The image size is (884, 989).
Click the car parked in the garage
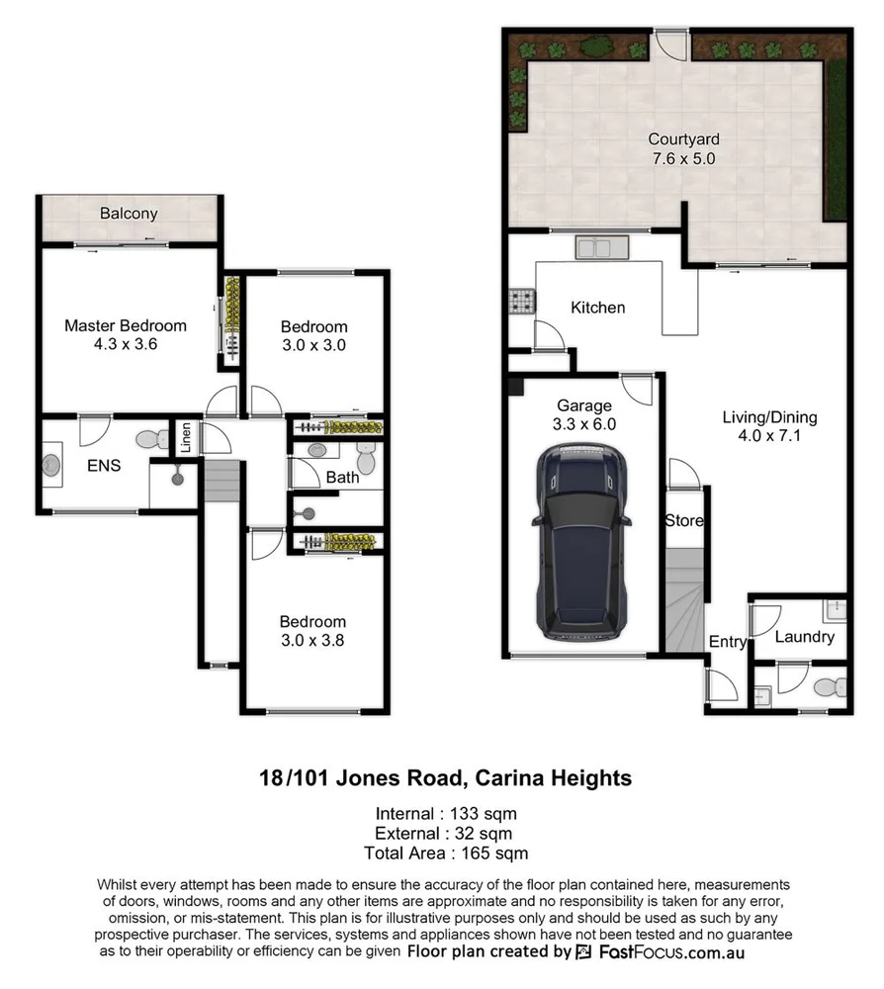pyautogui.click(x=580, y=542)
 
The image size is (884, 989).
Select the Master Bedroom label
pyautogui.click(x=126, y=325)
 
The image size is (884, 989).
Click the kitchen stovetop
pyautogui.click(x=521, y=301)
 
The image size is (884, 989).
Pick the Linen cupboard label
pyautogui.click(x=185, y=437)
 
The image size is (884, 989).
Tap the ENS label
pyautogui.click(x=104, y=464)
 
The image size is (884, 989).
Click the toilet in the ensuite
pyautogui.click(x=151, y=438)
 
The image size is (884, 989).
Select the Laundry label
pyautogui.click(x=804, y=637)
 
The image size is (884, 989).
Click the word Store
pyautogui.click(x=683, y=520)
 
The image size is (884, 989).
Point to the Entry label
pyautogui.click(x=728, y=642)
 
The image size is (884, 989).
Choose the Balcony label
pyautogui.click(x=129, y=214)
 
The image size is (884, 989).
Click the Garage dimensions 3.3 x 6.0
pyautogui.click(x=584, y=423)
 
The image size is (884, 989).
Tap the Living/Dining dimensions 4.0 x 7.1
pyautogui.click(x=769, y=436)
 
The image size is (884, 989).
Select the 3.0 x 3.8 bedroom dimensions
pyautogui.click(x=312, y=640)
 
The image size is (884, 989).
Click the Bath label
pyautogui.click(x=342, y=478)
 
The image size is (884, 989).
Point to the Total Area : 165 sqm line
pyautogui.click(x=442, y=852)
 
